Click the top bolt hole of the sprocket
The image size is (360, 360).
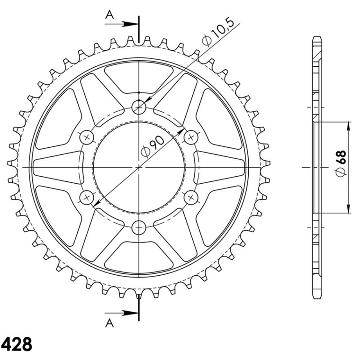[x=139, y=107]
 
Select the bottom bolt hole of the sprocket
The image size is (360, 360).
[x=139, y=227]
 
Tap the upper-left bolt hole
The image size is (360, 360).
[x=87, y=137]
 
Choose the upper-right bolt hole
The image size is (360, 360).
[x=191, y=137]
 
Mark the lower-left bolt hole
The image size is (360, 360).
[x=87, y=197]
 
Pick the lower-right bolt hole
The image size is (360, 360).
[x=191, y=197]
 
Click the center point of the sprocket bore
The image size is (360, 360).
[x=139, y=167]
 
